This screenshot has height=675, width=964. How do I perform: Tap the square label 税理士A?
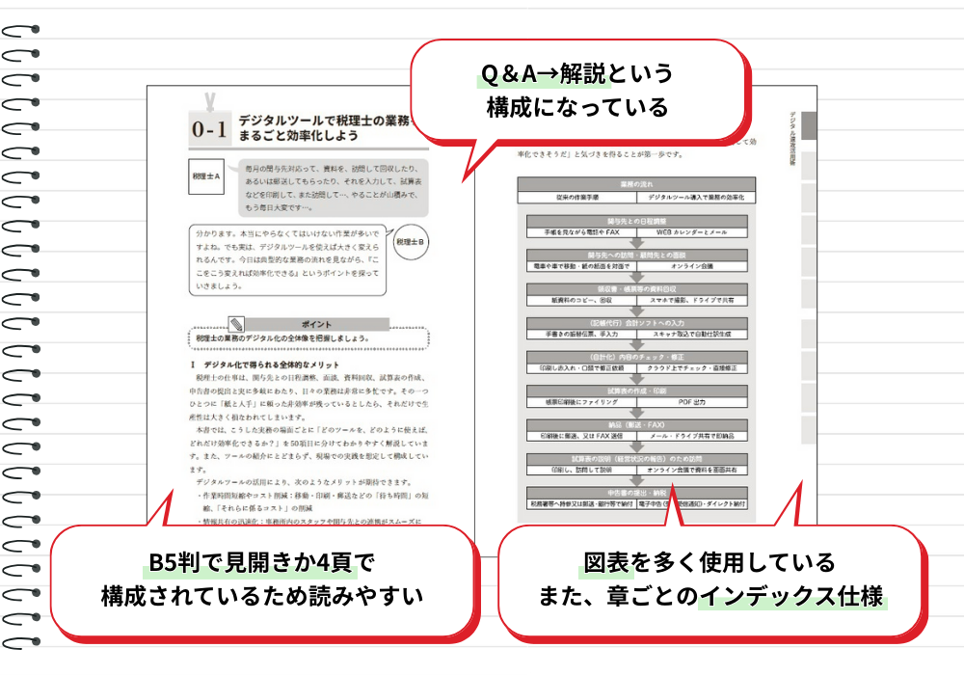click(x=207, y=177)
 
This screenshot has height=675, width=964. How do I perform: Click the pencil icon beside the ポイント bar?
click(x=236, y=325)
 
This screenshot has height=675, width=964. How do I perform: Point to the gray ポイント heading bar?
click(x=317, y=325)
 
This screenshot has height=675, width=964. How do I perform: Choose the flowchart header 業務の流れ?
click(x=636, y=183)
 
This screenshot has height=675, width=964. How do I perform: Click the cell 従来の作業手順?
click(x=576, y=197)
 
